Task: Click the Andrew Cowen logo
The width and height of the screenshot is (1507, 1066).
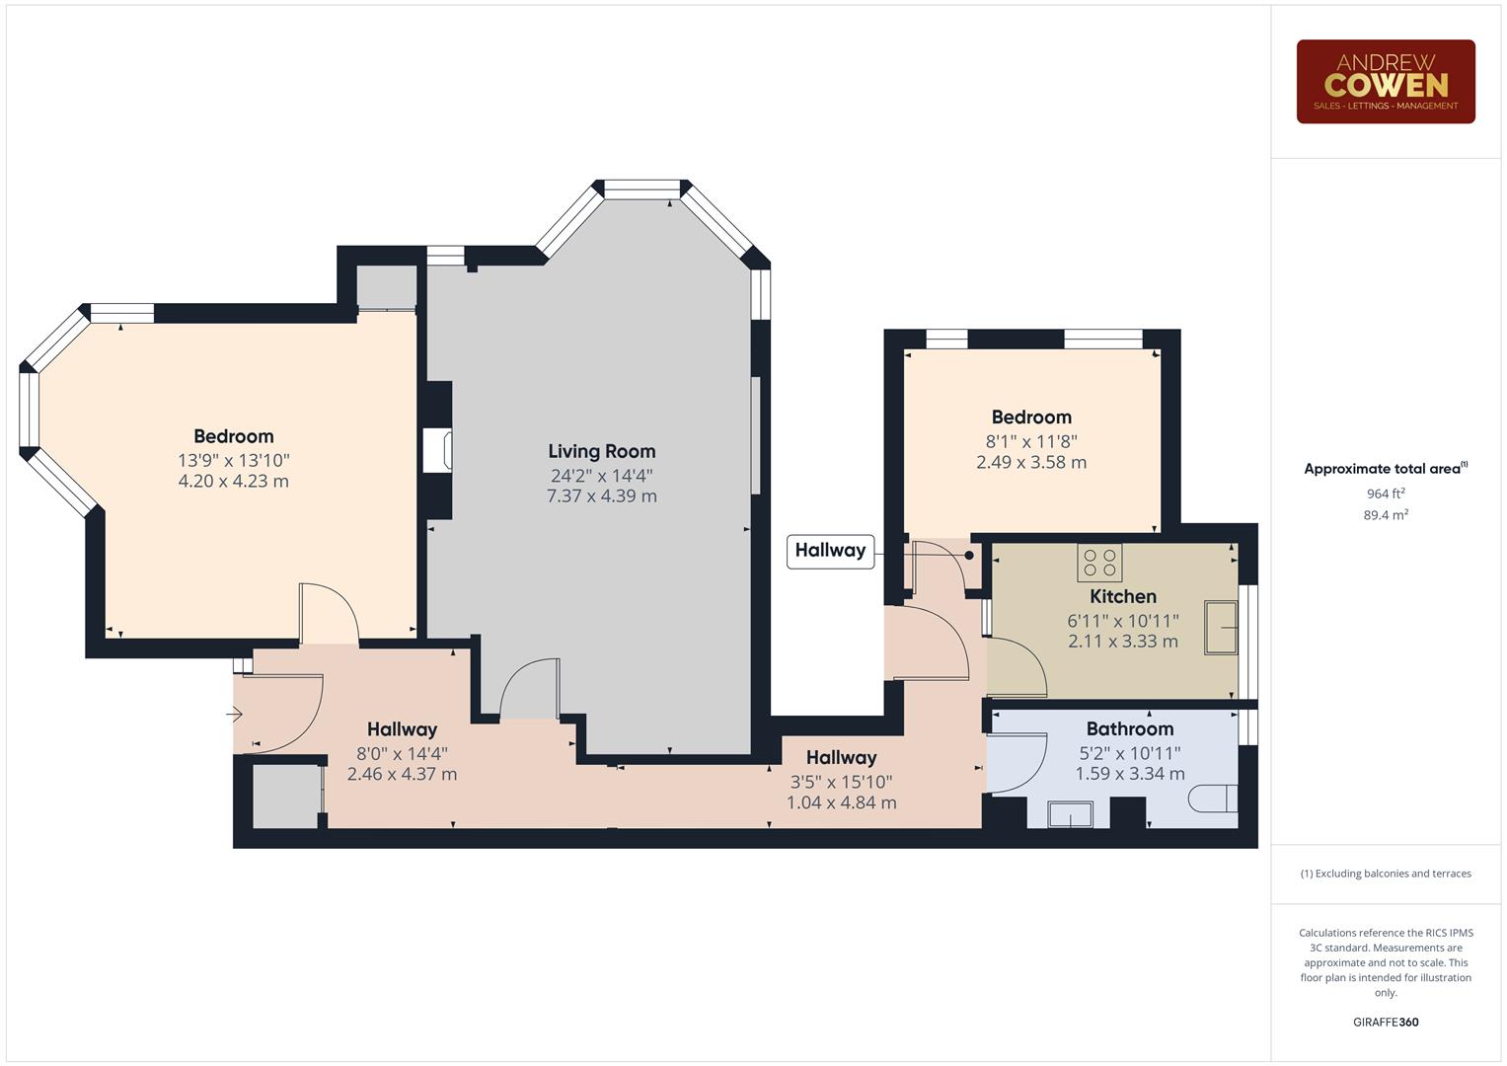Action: [1385, 81]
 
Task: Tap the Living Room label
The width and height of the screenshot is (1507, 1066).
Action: [601, 451]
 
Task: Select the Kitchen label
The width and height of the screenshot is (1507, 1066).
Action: [1122, 596]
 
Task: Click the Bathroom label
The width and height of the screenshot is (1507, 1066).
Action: [1129, 728]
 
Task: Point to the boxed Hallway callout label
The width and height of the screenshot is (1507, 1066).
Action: [830, 550]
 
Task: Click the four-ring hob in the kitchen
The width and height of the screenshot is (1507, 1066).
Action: [1099, 563]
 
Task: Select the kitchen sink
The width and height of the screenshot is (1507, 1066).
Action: [1220, 627]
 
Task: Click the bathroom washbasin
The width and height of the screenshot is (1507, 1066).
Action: [1070, 814]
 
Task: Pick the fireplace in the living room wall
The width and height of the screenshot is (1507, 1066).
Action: [438, 450]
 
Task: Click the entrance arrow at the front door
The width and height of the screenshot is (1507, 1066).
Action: [235, 714]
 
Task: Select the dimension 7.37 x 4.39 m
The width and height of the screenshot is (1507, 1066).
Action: [601, 495]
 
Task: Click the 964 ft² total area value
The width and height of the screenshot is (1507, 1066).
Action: [1385, 494]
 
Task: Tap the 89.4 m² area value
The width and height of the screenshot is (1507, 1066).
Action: [1385, 514]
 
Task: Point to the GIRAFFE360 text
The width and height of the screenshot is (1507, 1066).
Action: [1385, 1022]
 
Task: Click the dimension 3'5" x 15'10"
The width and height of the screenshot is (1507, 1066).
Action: [841, 782]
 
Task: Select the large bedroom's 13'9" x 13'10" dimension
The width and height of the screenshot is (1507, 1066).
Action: [233, 460]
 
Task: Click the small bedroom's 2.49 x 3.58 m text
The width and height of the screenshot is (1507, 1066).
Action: [1030, 462]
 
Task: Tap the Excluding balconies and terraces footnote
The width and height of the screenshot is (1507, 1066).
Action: [1385, 874]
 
